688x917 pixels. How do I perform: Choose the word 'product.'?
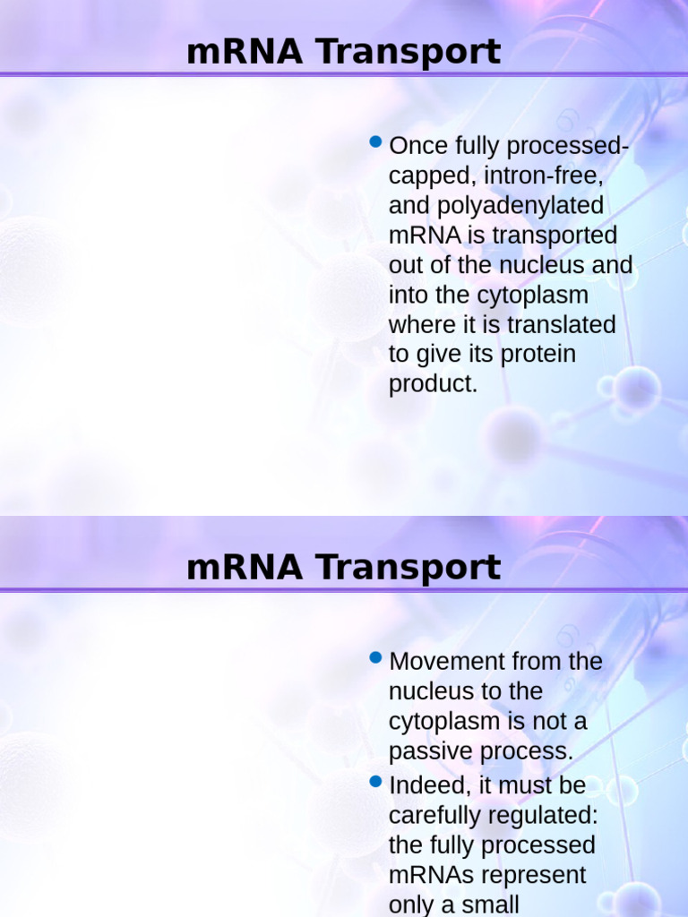coord(434,384)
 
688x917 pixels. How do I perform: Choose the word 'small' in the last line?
coord(488,904)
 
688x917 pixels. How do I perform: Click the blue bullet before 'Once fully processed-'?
coord(376,142)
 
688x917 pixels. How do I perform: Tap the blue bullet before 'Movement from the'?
coord(376,658)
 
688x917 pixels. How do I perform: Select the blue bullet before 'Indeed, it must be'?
coord(376,782)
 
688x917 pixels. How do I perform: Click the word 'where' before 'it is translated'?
coord(423,324)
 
